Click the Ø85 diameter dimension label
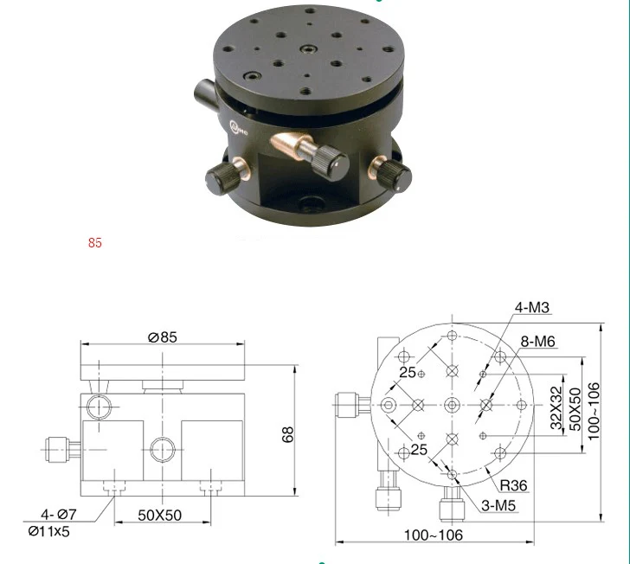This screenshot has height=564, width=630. click(163, 337)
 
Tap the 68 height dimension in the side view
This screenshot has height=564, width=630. click(288, 434)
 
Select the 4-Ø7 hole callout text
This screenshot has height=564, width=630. click(59, 514)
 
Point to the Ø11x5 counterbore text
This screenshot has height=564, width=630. click(49, 531)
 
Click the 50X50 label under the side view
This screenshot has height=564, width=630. click(159, 516)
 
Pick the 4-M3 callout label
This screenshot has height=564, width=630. click(532, 307)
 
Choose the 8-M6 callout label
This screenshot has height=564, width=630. click(538, 342)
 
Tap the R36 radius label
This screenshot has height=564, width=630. click(513, 485)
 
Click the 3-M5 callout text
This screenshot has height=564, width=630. click(498, 506)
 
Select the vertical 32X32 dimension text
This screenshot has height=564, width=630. click(556, 407)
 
